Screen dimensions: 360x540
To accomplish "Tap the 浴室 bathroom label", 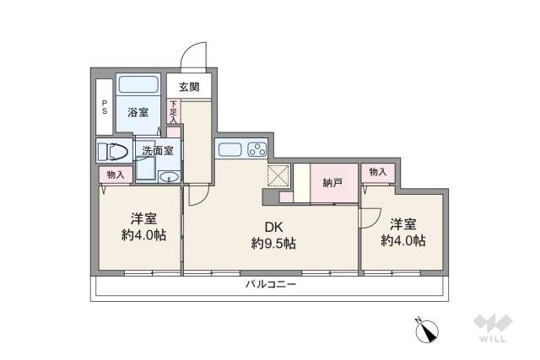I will [138, 111].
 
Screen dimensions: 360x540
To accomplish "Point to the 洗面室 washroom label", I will [157, 151].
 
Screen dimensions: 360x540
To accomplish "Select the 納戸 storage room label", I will [332, 182].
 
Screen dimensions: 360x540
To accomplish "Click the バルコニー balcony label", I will [271, 286].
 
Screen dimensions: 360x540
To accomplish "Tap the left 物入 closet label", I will [116, 175].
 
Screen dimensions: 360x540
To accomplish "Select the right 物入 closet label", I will [377, 171].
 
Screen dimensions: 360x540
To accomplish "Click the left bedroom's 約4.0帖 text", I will [143, 235].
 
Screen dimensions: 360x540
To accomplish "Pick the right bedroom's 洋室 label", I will [403, 223].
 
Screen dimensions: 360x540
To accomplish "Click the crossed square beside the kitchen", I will [278, 175].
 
